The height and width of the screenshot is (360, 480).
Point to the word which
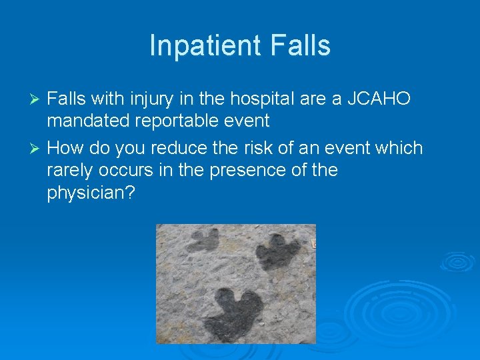pyautogui.click(x=399, y=147)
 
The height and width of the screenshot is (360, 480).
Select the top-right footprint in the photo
pyautogui.click(x=279, y=251)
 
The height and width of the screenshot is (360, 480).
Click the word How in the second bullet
pyautogui.click(x=65, y=147)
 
